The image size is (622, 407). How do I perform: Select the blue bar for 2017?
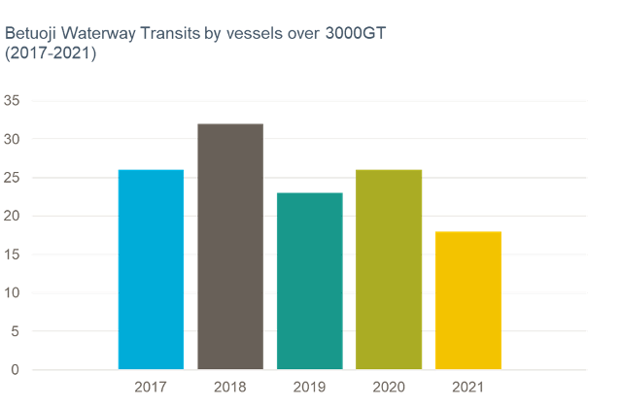(x=151, y=269)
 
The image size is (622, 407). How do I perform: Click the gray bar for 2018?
(x=229, y=247)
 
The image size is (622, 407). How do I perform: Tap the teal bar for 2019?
(x=309, y=281)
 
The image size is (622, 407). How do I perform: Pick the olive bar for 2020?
(x=389, y=269)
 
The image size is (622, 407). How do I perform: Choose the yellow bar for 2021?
(x=467, y=300)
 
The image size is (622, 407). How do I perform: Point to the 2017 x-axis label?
(x=151, y=388)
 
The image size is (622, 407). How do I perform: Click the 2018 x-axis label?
(x=229, y=388)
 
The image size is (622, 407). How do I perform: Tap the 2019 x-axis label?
(x=309, y=388)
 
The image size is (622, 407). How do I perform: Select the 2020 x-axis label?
(x=389, y=388)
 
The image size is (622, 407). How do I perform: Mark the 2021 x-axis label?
(x=467, y=388)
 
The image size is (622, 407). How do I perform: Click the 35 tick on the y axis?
(x=12, y=100)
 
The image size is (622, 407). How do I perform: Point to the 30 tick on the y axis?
(x=12, y=139)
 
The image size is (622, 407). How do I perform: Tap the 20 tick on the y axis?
(x=12, y=216)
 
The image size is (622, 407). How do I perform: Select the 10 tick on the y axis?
(x=12, y=292)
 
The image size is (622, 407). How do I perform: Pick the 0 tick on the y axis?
(x=16, y=369)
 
